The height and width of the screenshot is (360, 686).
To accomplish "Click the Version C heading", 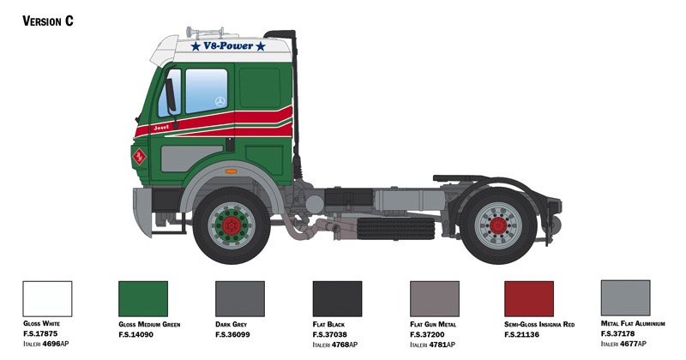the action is tap(48, 21).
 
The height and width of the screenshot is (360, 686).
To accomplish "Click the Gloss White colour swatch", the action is tap(47, 299).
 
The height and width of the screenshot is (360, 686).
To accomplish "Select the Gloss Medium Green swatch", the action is tap(143, 299).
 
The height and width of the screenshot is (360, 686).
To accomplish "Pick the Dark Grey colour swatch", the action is tap(240, 299).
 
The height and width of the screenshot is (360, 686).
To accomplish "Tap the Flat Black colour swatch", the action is tap(337, 299).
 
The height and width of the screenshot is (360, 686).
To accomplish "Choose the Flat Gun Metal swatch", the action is tap(435, 299).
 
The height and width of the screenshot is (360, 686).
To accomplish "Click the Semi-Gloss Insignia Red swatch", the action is tap(529, 299).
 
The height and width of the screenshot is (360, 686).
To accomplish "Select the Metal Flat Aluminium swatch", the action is tap(626, 298).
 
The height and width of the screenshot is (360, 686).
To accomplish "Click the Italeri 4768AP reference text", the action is tap(334, 345).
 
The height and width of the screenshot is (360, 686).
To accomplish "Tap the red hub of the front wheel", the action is tap(231, 225).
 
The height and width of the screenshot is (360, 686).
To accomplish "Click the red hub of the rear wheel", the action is tap(498, 225).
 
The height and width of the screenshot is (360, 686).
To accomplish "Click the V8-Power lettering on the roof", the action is tap(228, 46).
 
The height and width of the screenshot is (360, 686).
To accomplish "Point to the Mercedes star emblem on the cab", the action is tap(220, 101).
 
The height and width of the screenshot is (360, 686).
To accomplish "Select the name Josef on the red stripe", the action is tap(160, 128).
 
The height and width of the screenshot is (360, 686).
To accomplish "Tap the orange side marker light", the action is tap(231, 171).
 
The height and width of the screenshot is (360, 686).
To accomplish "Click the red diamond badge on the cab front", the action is tap(139, 157).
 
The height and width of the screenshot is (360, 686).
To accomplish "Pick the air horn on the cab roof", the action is tap(206, 33).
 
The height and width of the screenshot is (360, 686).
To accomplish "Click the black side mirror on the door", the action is tap(171, 95).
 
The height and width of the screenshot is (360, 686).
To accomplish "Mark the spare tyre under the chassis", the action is tap(395, 228).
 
